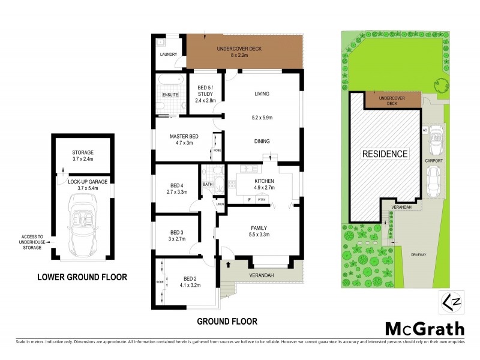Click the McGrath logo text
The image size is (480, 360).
coord(424,328)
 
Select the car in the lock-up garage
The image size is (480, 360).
coord(82,227)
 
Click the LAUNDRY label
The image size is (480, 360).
coord(168,55)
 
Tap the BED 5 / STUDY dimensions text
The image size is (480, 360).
coord(206,100)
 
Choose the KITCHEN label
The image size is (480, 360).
coord(264,181)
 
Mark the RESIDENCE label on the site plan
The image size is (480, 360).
coord(384,154)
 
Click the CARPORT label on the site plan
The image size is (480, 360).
coord(434,161)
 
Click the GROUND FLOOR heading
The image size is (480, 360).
coord(227,321)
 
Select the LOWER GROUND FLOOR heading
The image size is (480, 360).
coord(82,277)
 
